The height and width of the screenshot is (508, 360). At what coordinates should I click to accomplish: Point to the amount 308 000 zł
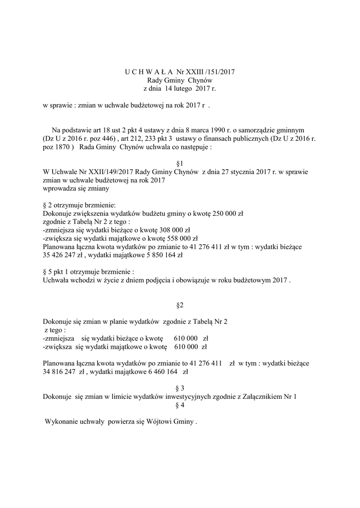pyautogui.click(x=173, y=230)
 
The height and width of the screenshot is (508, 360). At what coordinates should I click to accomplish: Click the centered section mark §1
pyautogui.click(x=180, y=163)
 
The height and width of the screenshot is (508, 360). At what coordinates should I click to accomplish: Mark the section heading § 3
pyautogui.click(x=180, y=388)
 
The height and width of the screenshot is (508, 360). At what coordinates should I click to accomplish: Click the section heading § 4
pyautogui.click(x=180, y=405)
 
